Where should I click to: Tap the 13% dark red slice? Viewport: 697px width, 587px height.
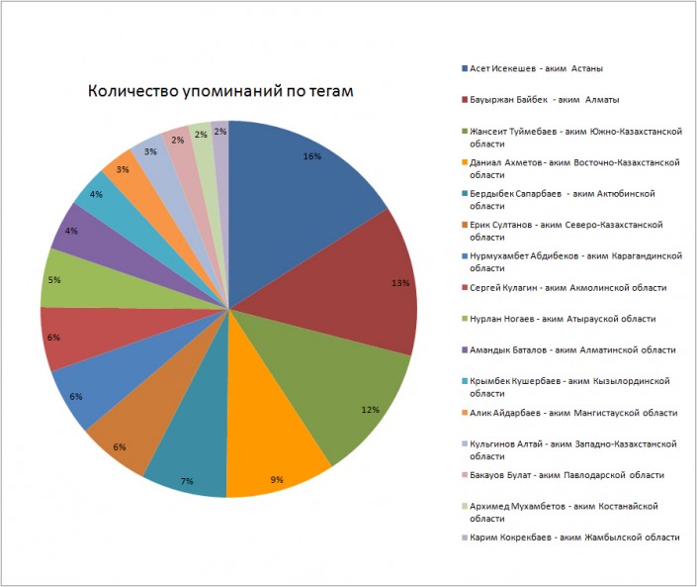coord(366,287)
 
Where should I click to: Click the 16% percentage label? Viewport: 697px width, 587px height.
coord(312,156)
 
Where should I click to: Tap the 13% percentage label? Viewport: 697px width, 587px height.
coord(400,283)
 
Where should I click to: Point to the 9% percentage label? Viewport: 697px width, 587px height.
coord(277,480)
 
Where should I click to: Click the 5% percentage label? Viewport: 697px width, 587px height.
coord(53,280)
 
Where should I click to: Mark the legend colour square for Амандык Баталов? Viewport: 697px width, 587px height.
coord(465,349)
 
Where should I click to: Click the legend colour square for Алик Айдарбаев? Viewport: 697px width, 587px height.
coord(465,412)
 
